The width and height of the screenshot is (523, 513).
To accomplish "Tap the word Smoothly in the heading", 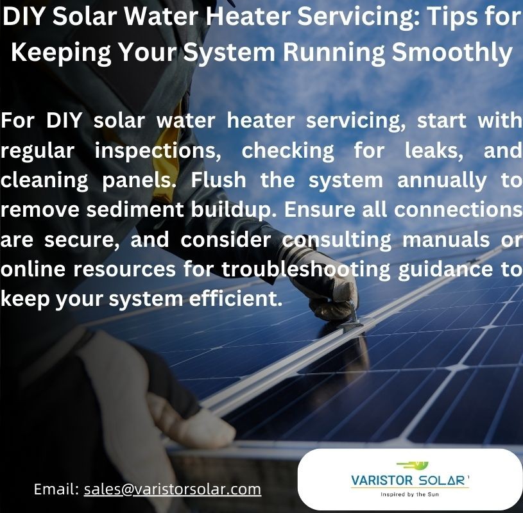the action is point(452,53).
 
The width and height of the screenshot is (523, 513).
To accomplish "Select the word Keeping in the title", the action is point(61,53).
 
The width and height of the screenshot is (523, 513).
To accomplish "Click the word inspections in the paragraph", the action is point(158,151).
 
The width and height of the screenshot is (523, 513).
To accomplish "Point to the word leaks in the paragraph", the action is point(434,151).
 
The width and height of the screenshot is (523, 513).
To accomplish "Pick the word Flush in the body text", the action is point(218,180).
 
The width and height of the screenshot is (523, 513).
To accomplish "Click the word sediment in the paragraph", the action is point(135,210).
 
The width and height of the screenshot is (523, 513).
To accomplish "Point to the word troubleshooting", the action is point(306,270).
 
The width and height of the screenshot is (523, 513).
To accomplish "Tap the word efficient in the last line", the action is point(236,298).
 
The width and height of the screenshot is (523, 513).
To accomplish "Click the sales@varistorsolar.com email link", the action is point(173,489).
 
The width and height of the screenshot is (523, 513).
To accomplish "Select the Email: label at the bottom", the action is point(56,489).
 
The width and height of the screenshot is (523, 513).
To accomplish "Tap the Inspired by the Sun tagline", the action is point(409,494).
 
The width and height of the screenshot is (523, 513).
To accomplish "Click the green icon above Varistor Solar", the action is point(413,465).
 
